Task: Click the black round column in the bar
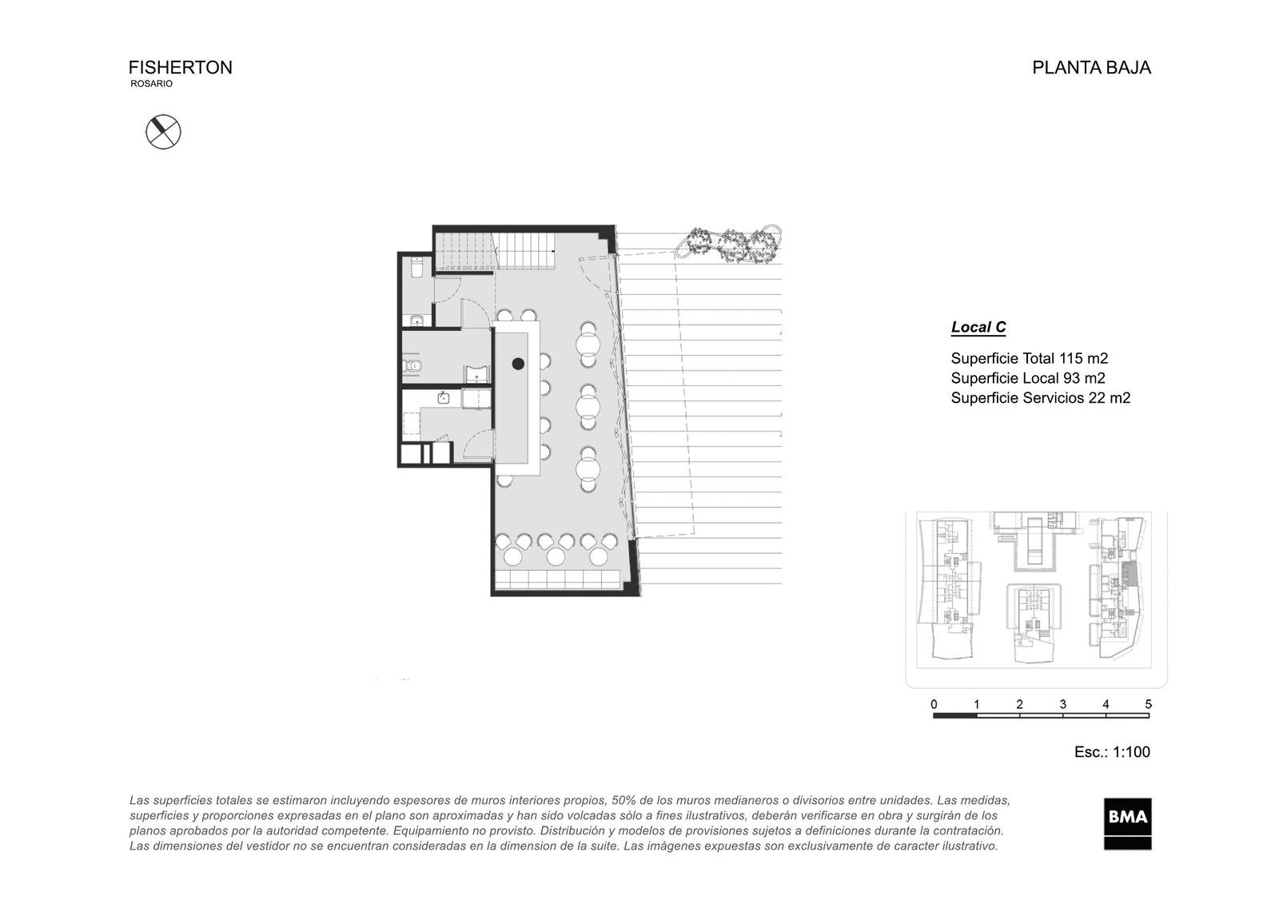coord(518,364)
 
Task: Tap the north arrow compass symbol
coord(163,132)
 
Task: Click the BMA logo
coord(1127,823)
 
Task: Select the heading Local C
coord(978,327)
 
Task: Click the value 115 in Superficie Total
coord(1070,359)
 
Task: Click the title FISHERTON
coord(181,67)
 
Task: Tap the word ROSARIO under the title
coord(151,84)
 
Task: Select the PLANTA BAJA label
coord(1091,67)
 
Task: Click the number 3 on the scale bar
coord(1062,704)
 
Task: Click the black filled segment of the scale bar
coord(954,715)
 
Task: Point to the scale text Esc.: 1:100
coord(1112,752)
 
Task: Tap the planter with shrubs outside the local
coord(728,245)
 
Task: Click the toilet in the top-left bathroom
coord(416,267)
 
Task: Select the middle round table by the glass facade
coord(588,407)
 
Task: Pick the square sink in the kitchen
coord(444,397)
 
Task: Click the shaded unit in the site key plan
coord(1129,573)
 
